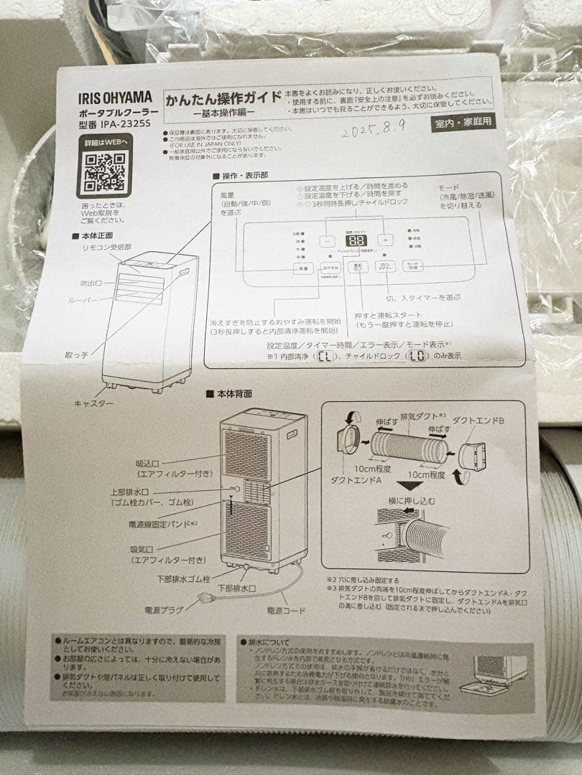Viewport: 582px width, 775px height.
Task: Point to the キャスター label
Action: (x=93, y=403)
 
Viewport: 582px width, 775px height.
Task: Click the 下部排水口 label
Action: (x=236, y=588)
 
